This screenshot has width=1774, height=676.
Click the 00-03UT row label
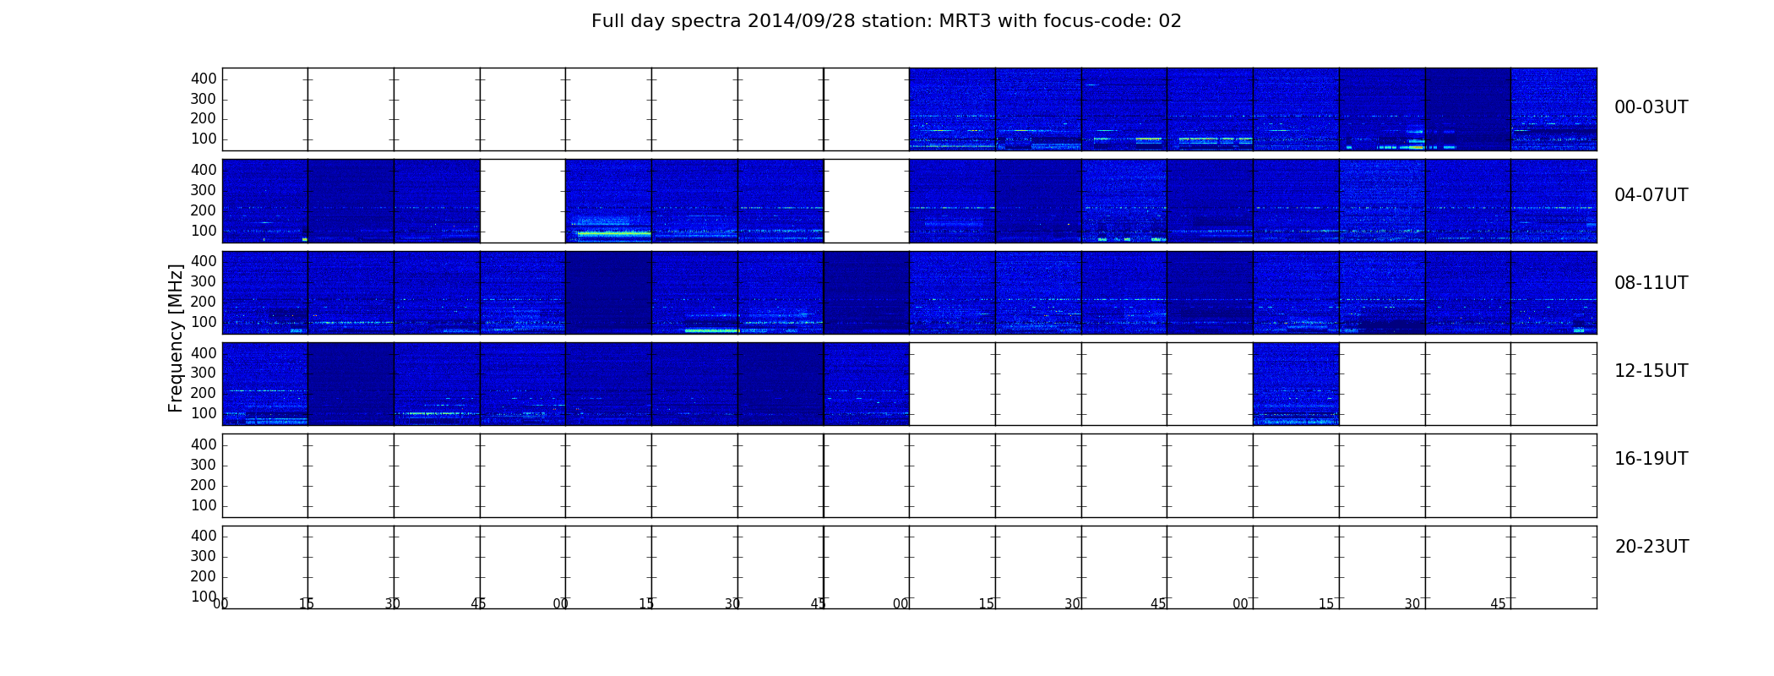[1651, 107]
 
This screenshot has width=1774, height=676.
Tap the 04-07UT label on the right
[1651, 195]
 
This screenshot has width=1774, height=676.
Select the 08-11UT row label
[1651, 283]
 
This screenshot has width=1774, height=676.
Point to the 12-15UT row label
[1651, 371]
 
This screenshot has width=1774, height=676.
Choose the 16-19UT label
[1651, 459]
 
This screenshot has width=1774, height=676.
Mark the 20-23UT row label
[1652, 547]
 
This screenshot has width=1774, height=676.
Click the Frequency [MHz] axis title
[176, 338]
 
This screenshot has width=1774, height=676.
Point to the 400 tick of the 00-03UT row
[204, 79]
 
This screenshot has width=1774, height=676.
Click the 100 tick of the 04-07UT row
[204, 231]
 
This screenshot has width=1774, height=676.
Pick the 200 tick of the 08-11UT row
[204, 302]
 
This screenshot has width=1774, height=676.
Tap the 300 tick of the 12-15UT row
[204, 373]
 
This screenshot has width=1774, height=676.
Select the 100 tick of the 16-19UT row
[204, 505]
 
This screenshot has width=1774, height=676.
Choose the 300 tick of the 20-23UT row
[204, 556]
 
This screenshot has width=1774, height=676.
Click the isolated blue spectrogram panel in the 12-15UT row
[1296, 384]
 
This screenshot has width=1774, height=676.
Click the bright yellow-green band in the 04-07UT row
[613, 232]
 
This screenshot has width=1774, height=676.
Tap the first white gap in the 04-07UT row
[523, 201]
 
